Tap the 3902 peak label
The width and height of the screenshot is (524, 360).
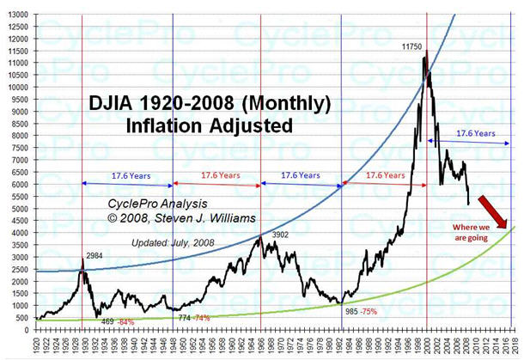(x=280, y=235)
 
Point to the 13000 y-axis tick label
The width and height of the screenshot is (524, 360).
(x=15, y=15)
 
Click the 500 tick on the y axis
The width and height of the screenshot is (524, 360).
(x=21, y=318)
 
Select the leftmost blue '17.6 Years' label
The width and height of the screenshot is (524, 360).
(x=129, y=175)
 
